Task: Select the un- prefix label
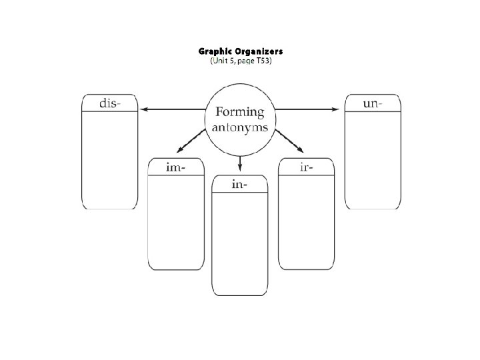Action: coord(372,103)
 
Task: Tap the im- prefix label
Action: coord(175,167)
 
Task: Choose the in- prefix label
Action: coord(240,184)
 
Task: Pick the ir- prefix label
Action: coord(307,167)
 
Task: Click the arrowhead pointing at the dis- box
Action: coord(143,109)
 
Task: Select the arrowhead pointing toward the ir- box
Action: coord(301,150)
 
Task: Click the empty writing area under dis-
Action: coord(109,160)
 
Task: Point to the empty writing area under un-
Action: coord(372,160)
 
